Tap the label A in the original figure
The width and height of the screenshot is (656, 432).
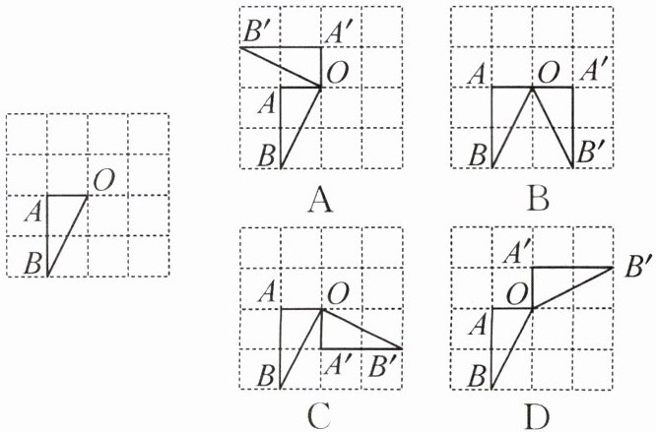34,209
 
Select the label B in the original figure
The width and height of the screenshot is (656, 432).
33,264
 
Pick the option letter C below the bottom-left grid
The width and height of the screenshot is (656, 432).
317,417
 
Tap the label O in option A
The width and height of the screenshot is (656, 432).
337,72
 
